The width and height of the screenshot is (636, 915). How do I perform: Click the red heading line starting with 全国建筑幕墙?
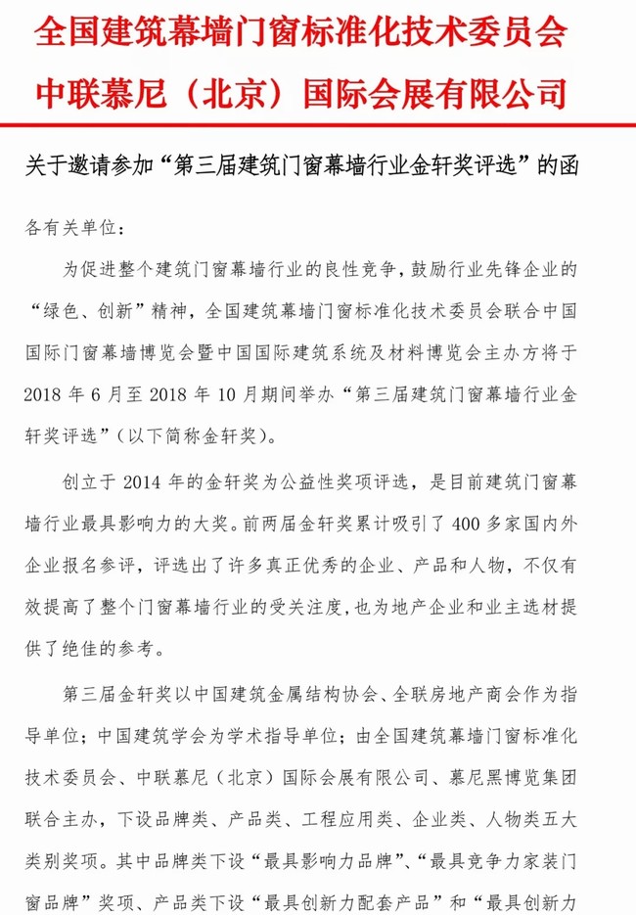pyautogui.click(x=301, y=33)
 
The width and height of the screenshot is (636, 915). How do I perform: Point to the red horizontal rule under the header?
pyautogui.click(x=318, y=125)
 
